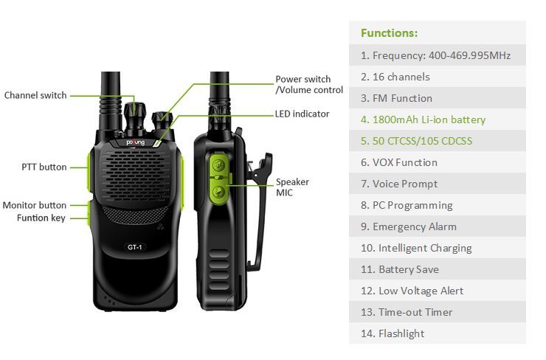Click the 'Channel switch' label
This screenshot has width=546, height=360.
(x=35, y=95)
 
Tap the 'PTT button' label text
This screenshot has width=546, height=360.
(x=44, y=167)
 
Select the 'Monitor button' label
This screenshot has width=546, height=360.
(x=34, y=205)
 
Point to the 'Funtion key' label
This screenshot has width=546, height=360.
(x=41, y=218)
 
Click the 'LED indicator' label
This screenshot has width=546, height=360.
(x=302, y=114)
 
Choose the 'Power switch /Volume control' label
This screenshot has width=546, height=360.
(x=309, y=84)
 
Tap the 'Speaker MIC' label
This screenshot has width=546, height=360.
(x=292, y=187)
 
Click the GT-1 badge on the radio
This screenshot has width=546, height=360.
(x=135, y=247)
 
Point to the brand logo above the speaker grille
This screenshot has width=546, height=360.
(x=136, y=142)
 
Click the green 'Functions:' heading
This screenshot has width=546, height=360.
(x=389, y=33)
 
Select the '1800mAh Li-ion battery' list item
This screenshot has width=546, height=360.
(x=423, y=120)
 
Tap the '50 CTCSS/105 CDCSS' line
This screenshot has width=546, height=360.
(x=416, y=141)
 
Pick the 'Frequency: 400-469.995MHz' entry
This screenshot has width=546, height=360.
(x=435, y=56)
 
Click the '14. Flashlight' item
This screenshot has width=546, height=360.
(x=393, y=333)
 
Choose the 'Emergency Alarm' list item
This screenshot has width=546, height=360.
(x=409, y=226)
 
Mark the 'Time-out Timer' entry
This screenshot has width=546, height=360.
(x=407, y=312)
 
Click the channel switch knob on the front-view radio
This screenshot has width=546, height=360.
(x=134, y=115)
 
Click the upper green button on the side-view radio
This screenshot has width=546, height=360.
(x=218, y=165)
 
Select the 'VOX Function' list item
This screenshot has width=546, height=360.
(x=399, y=162)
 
